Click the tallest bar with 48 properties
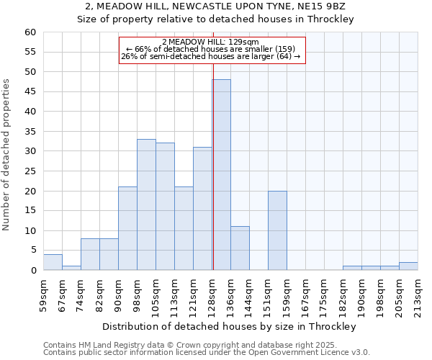[x=221, y=175]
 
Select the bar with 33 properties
[x=146, y=204]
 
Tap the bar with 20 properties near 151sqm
[x=277, y=230]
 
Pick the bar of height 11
[x=240, y=248]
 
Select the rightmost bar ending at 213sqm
[x=408, y=266]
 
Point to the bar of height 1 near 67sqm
[x=71, y=268]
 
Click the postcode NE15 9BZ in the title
[x=326, y=6]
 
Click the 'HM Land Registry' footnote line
[x=206, y=345]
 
